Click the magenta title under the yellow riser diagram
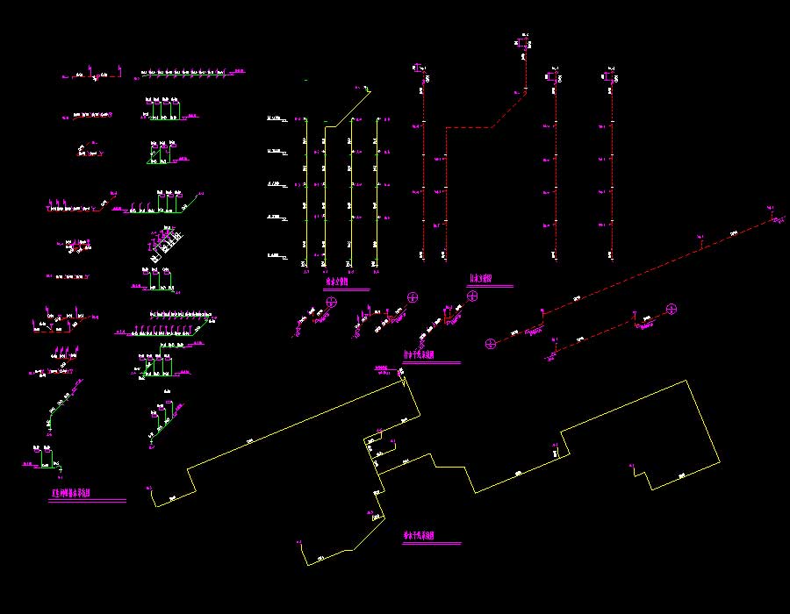(336, 283)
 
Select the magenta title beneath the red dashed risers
(479, 280)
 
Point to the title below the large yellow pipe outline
(420, 537)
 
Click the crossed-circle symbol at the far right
(671, 309)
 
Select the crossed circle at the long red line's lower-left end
(491, 342)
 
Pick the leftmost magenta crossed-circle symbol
(332, 303)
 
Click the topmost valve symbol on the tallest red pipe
(523, 42)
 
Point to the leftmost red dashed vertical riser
(424, 167)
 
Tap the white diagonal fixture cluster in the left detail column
(167, 243)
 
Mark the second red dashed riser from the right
(556, 167)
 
